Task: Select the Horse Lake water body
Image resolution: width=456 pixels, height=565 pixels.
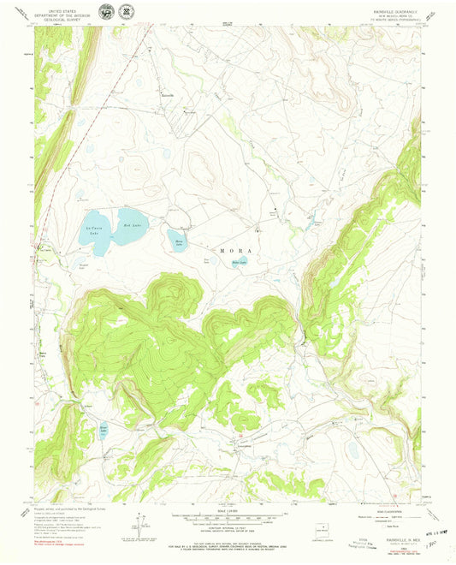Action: click(x=177, y=237)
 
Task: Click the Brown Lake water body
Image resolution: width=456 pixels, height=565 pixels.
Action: click(x=104, y=429)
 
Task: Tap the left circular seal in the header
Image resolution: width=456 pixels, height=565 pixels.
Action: click(x=105, y=12)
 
